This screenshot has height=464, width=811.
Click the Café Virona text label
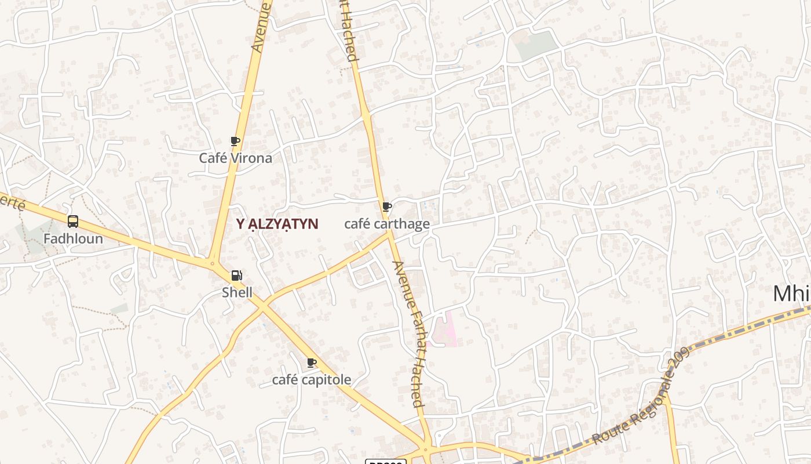coord(235,158)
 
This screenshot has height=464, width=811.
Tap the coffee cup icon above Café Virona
coord(235,141)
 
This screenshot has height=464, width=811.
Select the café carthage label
coord(387,224)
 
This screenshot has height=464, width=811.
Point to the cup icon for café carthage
coord(387,206)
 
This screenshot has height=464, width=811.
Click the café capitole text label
coord(312,380)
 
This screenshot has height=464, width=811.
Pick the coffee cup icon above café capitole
coord(312,363)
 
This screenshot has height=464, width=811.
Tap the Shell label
coord(237,292)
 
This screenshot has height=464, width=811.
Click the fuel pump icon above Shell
coord(237,275)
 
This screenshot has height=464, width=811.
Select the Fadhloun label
coord(73,238)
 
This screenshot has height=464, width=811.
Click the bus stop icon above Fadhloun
coord(73,221)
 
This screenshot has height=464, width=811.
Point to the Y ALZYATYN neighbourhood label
coord(277,224)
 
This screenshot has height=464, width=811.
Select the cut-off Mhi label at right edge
coord(791,294)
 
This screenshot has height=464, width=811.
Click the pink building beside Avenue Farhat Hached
coord(445,329)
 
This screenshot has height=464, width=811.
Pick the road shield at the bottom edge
coord(385,462)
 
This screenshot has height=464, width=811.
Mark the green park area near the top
coord(536,45)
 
